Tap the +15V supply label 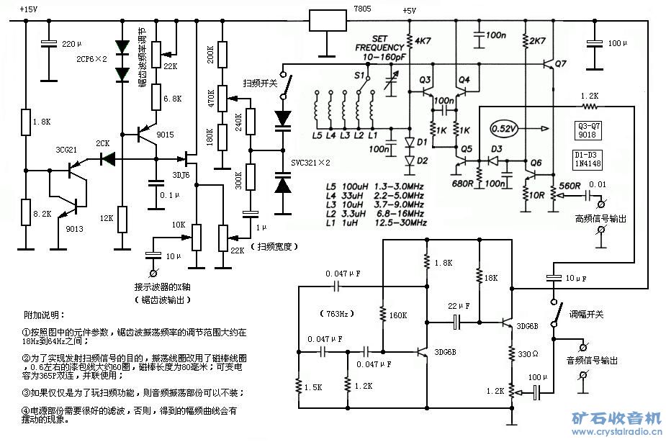pos(29,9)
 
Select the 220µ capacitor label pos(72,45)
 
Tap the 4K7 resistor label pos(423,40)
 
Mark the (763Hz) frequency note pos(336,314)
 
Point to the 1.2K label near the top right pos(591,96)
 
